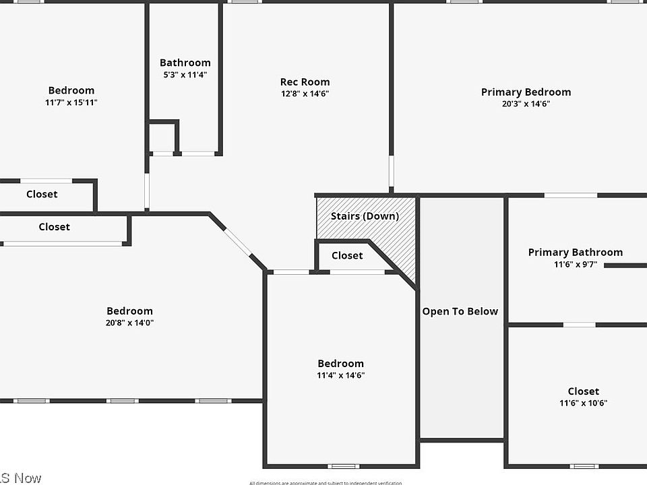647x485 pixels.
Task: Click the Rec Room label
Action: pos(305,82)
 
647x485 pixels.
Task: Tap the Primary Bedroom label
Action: pos(526,92)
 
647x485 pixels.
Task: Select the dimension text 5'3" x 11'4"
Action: pos(185,75)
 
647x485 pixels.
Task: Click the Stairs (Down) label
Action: pos(365,216)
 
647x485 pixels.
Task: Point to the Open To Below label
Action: pos(460,311)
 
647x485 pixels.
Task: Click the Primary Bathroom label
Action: pos(575,253)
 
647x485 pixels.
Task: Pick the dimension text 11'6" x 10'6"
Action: pos(583,403)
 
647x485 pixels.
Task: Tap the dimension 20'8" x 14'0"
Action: pos(129,323)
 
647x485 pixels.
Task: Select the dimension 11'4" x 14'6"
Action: pos(340,375)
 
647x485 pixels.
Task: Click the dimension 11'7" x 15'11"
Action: pos(71,102)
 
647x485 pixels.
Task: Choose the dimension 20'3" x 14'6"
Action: pos(526,104)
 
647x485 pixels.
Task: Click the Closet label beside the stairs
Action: pos(347,256)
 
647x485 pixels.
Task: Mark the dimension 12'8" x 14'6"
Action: pos(305,94)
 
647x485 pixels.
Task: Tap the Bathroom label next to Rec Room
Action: pos(185,63)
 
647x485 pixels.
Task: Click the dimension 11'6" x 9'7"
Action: pos(575,264)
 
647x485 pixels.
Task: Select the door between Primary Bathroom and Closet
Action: pos(579,325)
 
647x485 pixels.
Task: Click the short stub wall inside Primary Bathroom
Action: pos(625,265)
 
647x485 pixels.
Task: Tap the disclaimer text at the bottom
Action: pos(325,482)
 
